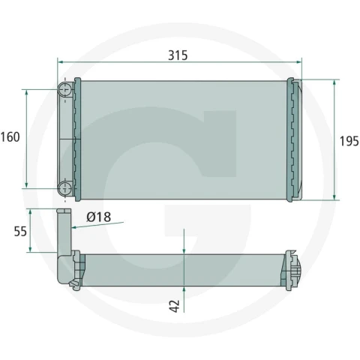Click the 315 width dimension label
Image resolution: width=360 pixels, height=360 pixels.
coord(178,55)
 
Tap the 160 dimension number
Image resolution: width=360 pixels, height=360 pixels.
coord(10,137)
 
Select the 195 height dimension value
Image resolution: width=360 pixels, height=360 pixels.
coord(349,141)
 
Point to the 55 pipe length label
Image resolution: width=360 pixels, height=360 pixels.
coord(20,231)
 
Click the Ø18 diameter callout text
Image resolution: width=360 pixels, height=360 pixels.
coord(99,217)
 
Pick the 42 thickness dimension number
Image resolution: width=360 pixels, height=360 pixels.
coord(175,306)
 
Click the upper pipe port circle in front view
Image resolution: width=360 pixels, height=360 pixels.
coord(65,90)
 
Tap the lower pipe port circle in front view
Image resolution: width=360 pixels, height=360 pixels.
coord(65,188)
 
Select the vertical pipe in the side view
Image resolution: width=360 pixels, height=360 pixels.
coord(64,232)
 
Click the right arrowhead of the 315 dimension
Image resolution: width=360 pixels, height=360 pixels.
coord(298,61)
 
